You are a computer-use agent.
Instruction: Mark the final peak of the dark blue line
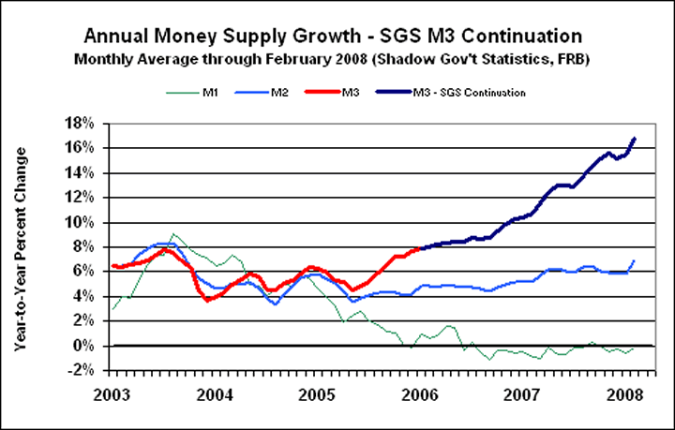click(x=635, y=139)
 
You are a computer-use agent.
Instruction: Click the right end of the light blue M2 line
click(x=635, y=260)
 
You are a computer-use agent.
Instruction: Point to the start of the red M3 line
click(x=112, y=266)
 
